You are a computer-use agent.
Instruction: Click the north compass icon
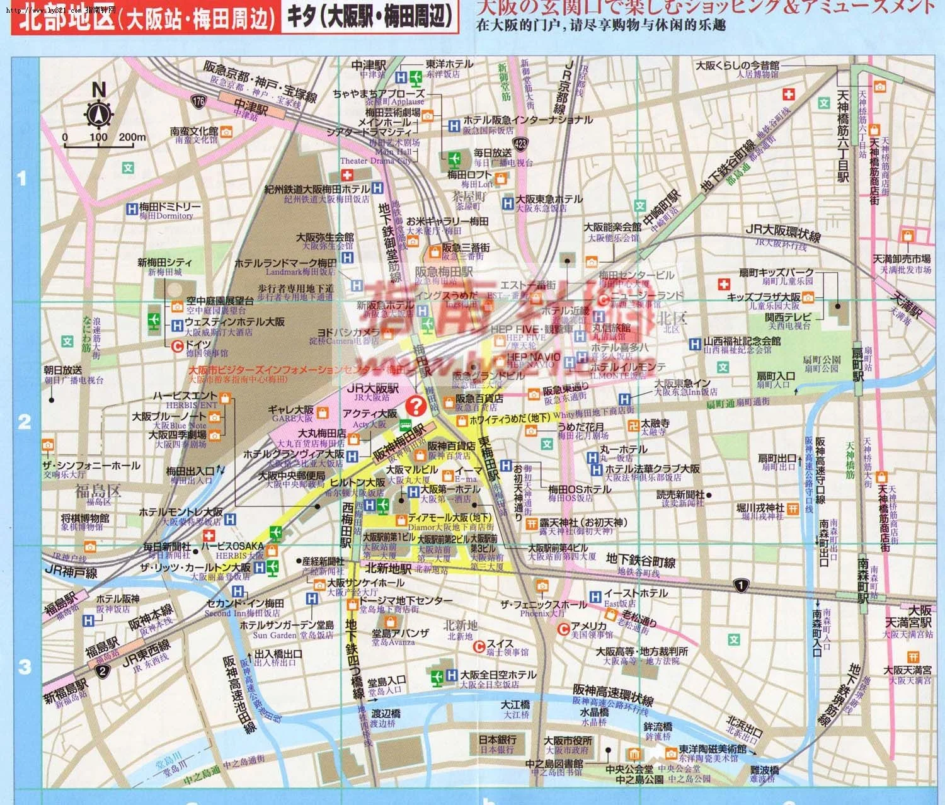coord(99,114)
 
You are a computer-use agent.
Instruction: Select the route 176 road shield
coord(200,101)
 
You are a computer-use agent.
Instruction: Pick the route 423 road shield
coord(520,144)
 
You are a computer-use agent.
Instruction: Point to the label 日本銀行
coord(497,739)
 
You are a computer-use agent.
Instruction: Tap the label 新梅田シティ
coord(164,263)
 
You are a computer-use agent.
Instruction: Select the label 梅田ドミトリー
coord(169,207)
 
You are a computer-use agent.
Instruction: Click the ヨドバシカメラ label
coord(348,332)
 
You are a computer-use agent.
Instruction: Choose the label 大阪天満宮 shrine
coord(907,670)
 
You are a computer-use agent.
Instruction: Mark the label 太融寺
coord(655,423)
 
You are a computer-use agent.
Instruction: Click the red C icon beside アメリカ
coord(565,628)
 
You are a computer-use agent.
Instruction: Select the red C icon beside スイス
coord(480,644)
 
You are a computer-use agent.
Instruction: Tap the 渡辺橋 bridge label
coord(386,714)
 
